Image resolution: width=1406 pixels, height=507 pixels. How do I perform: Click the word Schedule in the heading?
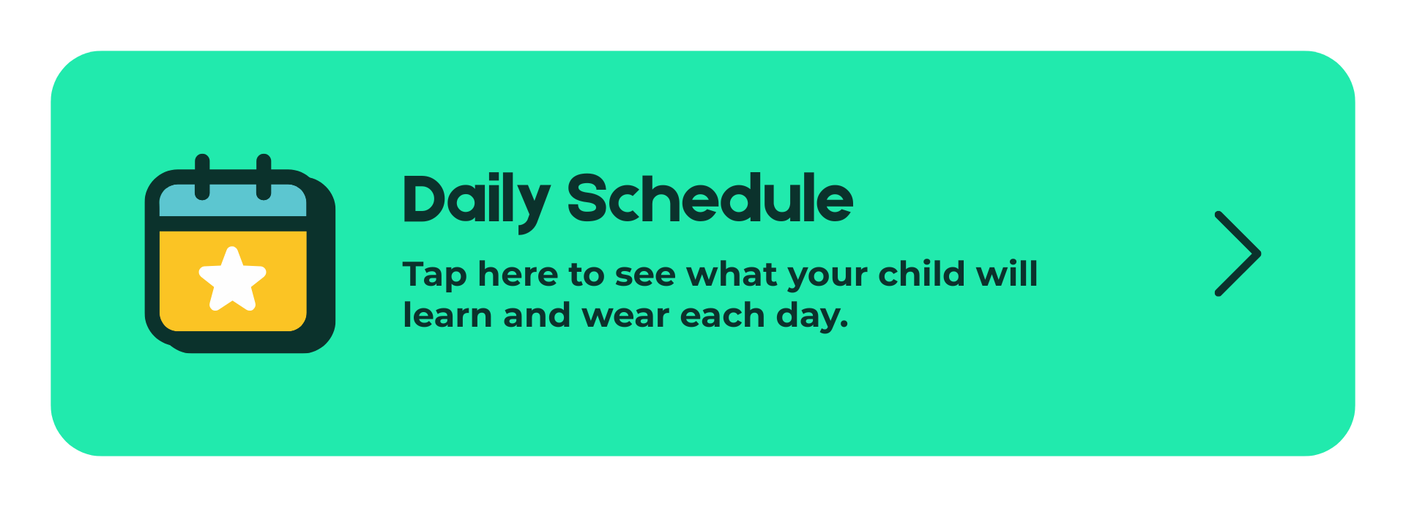[710, 198]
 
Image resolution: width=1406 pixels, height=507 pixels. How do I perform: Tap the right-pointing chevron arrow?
[1238, 253]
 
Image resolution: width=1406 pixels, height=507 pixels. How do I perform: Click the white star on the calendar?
[233, 279]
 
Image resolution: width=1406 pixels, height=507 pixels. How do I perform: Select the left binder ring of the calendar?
[202, 177]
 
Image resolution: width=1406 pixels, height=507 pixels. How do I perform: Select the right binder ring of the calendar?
[264, 177]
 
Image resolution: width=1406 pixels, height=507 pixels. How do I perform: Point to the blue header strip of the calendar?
[233, 201]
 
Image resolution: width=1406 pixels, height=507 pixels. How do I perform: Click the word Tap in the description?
[435, 276]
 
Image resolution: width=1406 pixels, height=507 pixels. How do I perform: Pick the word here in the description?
[518, 274]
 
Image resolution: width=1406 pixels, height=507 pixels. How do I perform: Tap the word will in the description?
[1008, 273]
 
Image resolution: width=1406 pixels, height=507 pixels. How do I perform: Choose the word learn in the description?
[447, 315]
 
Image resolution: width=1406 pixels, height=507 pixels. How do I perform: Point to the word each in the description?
[722, 315]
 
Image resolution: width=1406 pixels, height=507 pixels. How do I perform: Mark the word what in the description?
[731, 274]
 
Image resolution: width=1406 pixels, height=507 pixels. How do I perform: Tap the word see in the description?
[644, 276]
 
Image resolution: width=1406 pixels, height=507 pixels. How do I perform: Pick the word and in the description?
[537, 315]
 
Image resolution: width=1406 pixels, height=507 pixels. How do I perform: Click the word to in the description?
[587, 275]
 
